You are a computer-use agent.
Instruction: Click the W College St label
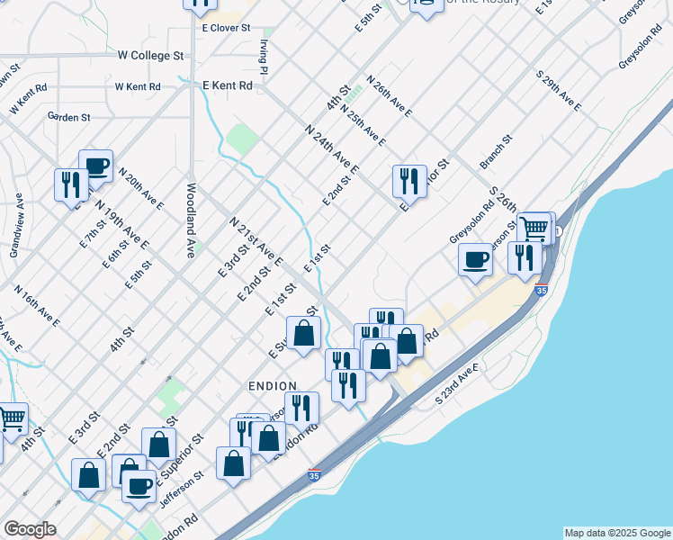(x=150, y=56)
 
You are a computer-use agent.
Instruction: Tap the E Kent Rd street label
(x=228, y=85)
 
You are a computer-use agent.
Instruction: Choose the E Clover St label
(x=225, y=28)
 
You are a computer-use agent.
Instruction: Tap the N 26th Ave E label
(x=389, y=96)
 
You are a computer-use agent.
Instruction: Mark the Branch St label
(x=496, y=152)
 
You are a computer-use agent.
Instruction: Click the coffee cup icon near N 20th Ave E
(x=96, y=166)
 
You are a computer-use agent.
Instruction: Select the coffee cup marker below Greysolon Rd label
(x=475, y=259)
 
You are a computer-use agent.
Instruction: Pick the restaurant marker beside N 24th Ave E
(x=409, y=180)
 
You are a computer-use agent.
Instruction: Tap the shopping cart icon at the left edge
(x=11, y=418)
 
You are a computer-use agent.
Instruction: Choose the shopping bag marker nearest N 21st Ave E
(x=304, y=333)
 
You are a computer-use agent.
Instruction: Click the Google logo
(x=30, y=529)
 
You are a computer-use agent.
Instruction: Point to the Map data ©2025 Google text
(x=617, y=533)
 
